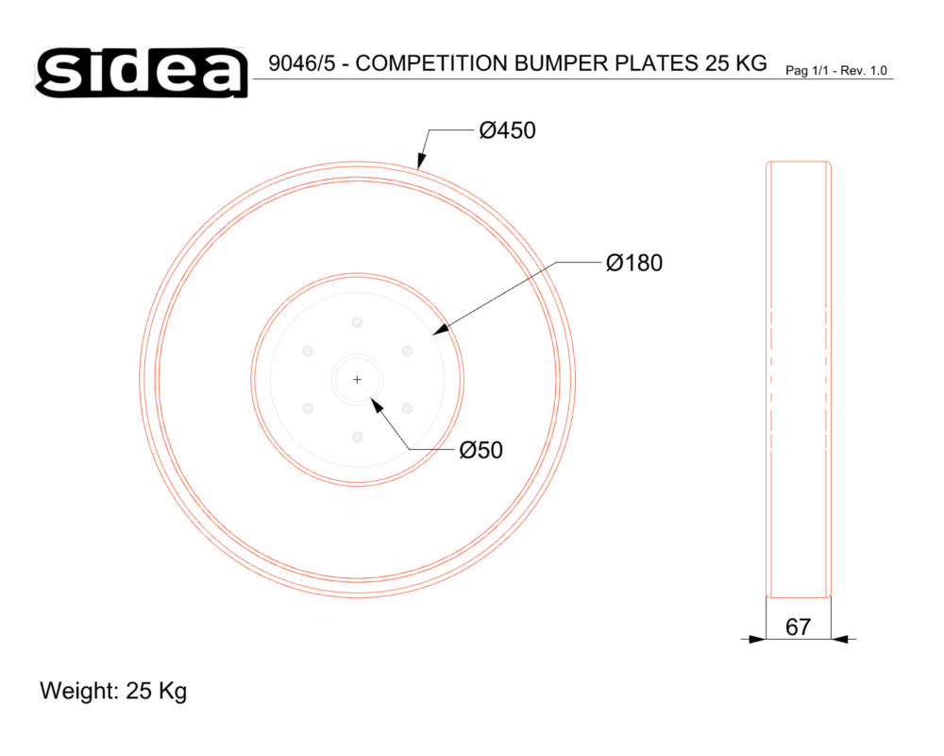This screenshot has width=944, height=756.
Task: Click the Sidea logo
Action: tap(142, 73)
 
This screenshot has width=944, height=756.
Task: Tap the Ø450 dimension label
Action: tap(507, 130)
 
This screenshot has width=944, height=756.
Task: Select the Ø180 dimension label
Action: tap(634, 263)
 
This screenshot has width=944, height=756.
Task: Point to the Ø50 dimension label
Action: tap(480, 450)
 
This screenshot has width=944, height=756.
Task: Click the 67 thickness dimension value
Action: tap(799, 627)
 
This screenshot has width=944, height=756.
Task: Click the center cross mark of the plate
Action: tap(357, 379)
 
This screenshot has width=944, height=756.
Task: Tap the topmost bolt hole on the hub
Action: tap(357, 322)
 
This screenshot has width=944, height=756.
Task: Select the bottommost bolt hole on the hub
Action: tap(357, 437)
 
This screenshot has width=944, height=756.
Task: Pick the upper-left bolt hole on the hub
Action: tap(308, 351)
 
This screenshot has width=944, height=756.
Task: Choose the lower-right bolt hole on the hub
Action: tap(407, 408)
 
